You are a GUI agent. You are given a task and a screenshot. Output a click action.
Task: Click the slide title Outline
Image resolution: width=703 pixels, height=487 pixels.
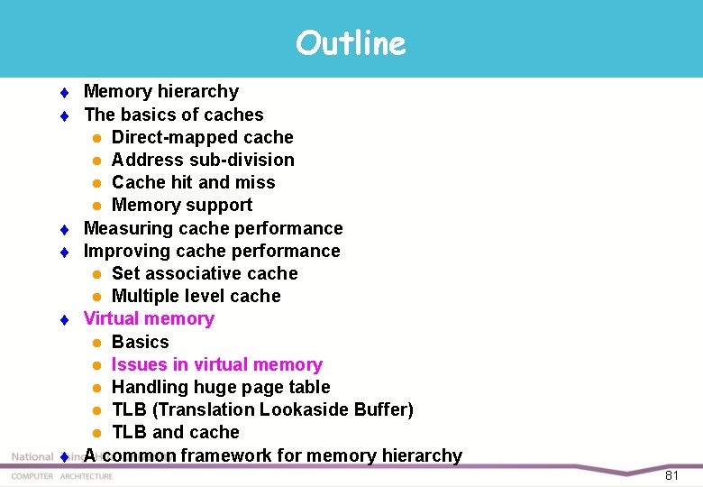coord(351,42)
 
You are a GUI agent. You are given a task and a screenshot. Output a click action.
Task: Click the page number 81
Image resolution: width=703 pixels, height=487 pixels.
coord(671,475)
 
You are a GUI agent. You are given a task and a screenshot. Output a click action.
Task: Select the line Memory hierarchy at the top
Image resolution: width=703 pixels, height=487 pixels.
coord(161,91)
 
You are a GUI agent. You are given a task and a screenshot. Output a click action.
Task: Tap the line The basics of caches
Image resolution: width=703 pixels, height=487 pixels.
coord(174,115)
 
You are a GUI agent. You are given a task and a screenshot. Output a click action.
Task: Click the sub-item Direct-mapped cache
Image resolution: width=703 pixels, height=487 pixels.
coord(202,137)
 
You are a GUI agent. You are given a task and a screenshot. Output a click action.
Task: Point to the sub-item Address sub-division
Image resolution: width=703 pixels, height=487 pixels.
coord(203,160)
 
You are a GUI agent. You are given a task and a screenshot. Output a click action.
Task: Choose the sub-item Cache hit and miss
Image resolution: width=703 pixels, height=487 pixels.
coord(193,182)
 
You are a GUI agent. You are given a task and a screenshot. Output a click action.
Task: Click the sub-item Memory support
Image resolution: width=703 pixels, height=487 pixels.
coord(181,205)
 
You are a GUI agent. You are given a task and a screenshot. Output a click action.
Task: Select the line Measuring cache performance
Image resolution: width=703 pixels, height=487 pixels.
coord(213,228)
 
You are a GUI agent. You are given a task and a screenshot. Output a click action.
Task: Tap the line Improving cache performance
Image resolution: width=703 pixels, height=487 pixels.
coord(212,251)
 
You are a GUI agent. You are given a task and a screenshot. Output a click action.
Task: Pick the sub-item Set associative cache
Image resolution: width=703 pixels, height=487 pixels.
coord(205,273)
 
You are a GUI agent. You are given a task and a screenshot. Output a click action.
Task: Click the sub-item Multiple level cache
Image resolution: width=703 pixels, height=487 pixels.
coord(196,296)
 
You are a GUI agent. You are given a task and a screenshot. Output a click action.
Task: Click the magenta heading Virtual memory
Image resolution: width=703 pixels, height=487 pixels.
coord(149,318)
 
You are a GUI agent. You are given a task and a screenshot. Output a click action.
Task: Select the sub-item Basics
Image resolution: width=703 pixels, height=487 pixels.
coord(140,342)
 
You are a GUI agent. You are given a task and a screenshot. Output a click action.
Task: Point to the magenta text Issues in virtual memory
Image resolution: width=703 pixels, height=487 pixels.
coord(216,364)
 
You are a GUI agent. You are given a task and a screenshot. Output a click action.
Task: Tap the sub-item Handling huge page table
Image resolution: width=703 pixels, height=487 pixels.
coord(221,387)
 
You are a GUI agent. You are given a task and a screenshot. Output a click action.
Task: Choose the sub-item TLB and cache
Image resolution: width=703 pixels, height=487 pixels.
coord(175,432)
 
